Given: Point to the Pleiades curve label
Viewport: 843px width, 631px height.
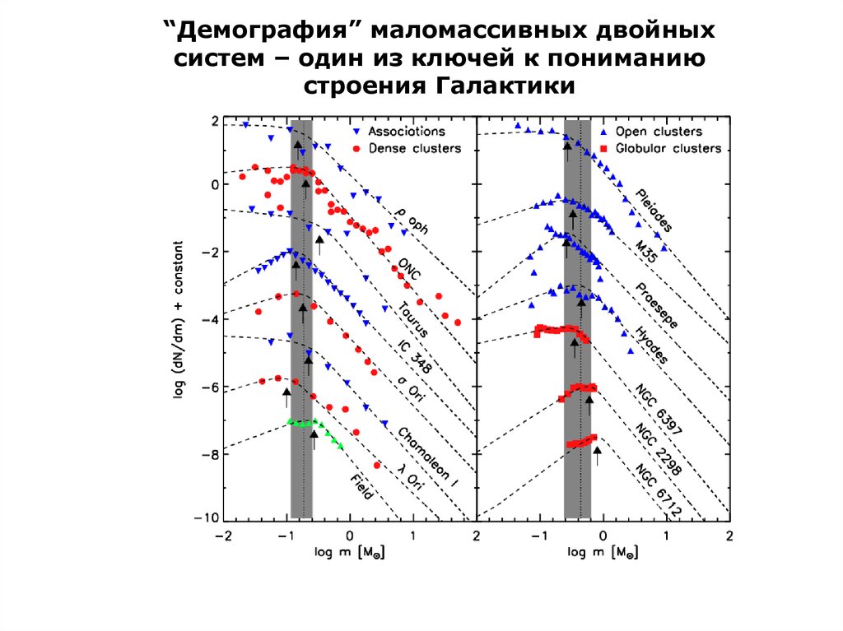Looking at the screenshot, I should [655, 211].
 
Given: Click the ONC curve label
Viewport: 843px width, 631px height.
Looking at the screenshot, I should [408, 269].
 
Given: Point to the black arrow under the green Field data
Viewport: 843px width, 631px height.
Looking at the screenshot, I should [314, 439].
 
